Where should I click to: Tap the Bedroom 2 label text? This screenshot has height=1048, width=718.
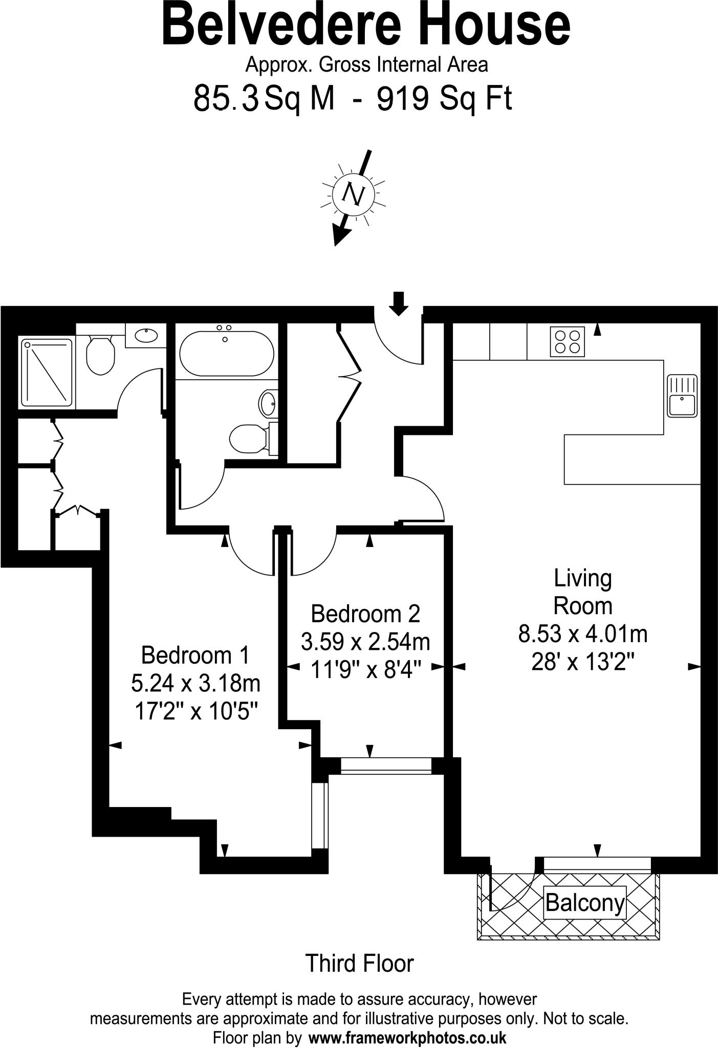coord(365,614)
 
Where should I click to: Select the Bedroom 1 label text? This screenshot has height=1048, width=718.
coord(195,655)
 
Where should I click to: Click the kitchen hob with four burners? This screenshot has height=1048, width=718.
coord(568,342)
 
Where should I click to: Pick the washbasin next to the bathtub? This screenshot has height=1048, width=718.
coord(268,404)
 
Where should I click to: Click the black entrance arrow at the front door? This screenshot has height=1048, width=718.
coord(399,302)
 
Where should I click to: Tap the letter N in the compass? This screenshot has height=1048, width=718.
coord(353,194)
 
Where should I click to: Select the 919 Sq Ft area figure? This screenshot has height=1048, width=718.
coord(444,98)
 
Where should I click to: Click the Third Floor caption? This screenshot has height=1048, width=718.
coord(359,964)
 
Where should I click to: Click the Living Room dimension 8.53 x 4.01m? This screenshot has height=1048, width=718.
coord(583,635)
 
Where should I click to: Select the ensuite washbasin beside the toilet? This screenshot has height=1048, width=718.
coord(146,336)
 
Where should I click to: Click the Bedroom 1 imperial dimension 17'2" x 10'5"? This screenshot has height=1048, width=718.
coord(195,711)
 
